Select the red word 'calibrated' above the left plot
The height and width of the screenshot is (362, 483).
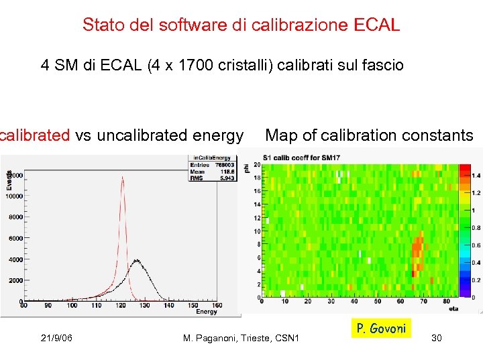[35, 135]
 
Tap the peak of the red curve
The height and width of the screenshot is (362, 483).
[122, 177]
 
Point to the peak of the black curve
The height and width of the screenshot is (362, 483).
[136, 260]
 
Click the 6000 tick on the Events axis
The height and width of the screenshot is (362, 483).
[14, 238]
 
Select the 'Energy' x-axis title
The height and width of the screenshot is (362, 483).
[207, 311]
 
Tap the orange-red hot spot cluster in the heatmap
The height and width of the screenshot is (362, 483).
[417, 251]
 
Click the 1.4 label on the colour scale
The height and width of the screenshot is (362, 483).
[476, 175]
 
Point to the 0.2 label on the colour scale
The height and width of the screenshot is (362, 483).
[476, 280]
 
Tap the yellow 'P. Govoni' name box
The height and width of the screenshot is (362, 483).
[381, 328]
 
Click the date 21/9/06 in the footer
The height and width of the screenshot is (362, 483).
[56, 339]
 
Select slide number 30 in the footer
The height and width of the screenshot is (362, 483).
[436, 339]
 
